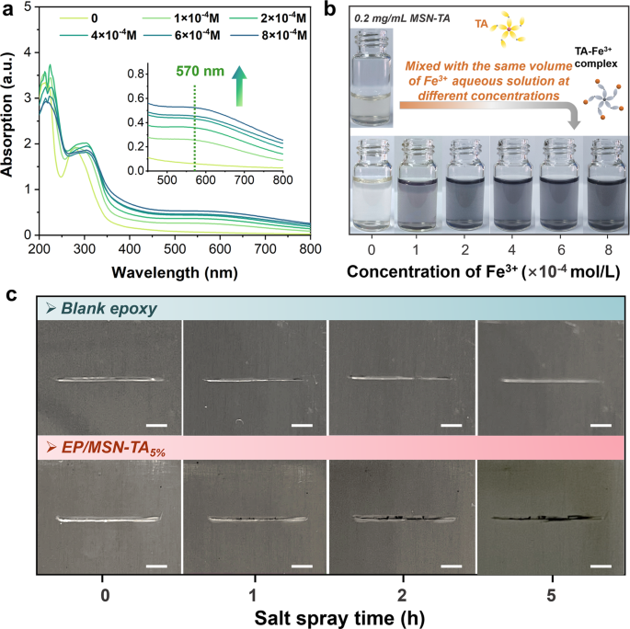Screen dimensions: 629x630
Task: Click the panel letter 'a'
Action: (8, 10)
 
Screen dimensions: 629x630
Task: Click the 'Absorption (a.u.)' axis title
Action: (10, 120)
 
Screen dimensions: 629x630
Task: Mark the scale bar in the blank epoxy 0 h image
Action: (155, 426)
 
